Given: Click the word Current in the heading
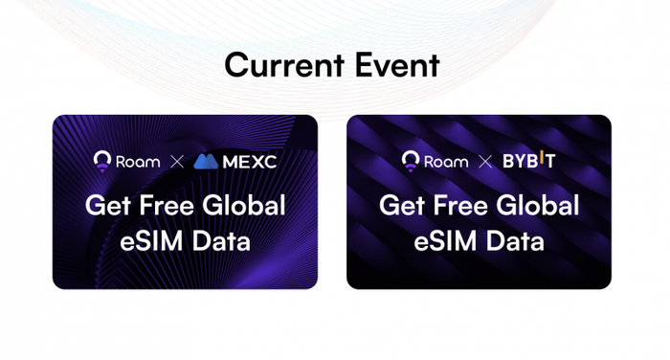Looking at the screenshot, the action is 284,65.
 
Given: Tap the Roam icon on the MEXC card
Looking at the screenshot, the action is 102,161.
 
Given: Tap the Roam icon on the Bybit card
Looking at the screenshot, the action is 411,161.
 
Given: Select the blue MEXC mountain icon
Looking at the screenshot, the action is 206,162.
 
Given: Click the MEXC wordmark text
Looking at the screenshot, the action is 250,162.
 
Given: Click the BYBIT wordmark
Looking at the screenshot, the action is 529,161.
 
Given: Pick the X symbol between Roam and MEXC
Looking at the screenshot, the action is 177,162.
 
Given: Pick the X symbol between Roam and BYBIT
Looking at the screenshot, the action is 485,162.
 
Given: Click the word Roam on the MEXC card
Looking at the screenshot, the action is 138,162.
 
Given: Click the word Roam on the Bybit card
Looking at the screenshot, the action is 446,162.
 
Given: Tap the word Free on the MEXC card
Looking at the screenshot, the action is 167,205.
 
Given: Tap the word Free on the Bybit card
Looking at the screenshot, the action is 460,205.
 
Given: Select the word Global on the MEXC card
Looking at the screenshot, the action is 244,205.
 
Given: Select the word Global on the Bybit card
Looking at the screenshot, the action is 538,205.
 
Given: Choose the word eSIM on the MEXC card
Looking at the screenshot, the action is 151,240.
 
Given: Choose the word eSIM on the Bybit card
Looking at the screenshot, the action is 446,240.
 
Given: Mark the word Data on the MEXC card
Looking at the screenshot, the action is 221,240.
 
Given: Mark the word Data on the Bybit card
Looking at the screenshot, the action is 515,240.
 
